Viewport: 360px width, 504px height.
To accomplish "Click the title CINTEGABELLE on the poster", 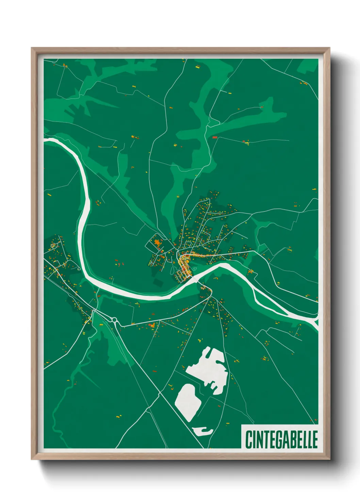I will [x=281, y=439].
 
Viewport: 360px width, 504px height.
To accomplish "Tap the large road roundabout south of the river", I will [x=114, y=320].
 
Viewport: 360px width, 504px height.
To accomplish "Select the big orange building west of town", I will [x=157, y=243].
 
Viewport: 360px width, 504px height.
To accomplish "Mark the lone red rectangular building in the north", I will [x=215, y=138].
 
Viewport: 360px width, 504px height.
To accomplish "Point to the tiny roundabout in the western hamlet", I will [x=53, y=246].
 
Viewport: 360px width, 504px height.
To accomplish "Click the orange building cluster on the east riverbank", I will [x=251, y=272].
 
